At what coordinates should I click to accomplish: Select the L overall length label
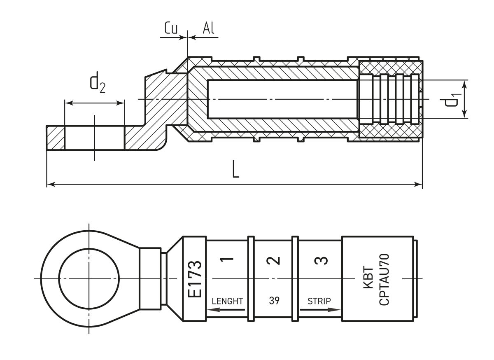coord(235,170)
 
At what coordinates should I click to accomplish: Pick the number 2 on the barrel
coord(273,260)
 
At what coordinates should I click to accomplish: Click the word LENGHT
coord(227,301)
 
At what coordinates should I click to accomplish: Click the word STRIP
coord(319,301)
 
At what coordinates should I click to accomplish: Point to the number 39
coord(274,301)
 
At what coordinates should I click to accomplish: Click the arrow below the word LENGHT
coord(227,310)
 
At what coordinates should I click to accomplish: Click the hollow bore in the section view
coord(282,99)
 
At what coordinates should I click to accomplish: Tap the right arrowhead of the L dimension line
coord(419,185)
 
